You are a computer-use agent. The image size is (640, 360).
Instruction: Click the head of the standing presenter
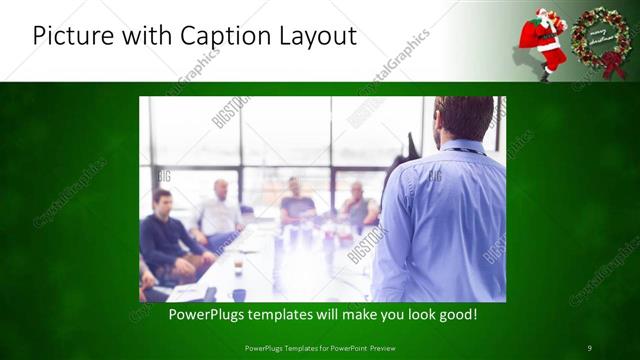coord(464,118)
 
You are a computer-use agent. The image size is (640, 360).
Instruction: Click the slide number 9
coord(590,347)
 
